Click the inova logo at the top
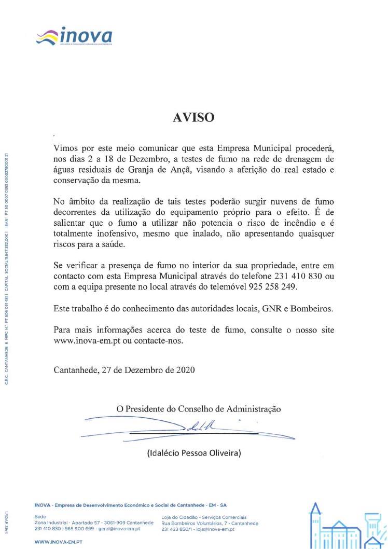(x=76, y=36)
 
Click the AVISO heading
(x=193, y=117)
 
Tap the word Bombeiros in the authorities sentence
(x=313, y=309)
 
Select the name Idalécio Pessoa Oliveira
(x=194, y=452)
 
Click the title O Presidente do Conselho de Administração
(x=199, y=409)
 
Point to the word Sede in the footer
(x=40, y=517)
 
